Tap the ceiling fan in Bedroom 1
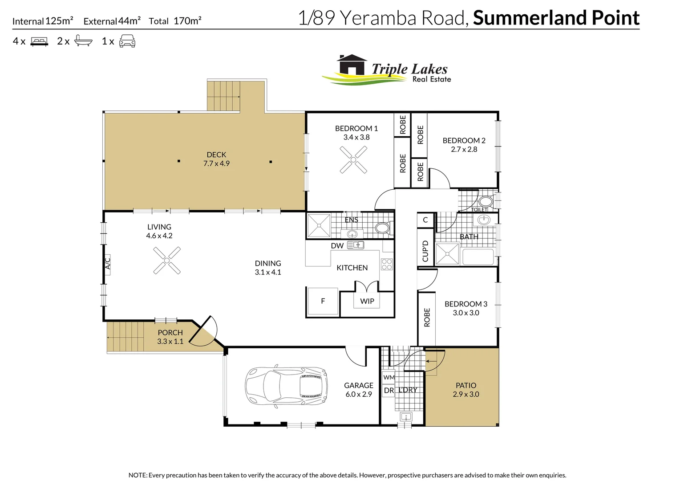pos(353,159)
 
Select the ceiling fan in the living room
pos(167,260)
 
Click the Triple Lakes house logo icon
pos(352,65)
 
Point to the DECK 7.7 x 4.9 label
pos(216,159)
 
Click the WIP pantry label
pos(367,301)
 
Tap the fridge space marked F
pos(323,301)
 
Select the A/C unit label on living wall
pos(107,263)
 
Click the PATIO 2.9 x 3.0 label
pos(466,390)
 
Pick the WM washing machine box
pos(389,377)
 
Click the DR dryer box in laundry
pos(389,391)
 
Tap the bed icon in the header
pos(39,42)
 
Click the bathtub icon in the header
pos(83,41)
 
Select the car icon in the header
pos(127,41)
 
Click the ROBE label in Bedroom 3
pos(427,318)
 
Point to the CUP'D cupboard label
pos(425,251)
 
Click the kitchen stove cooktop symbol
pos(387,264)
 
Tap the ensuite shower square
pos(319,226)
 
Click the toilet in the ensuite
pos(383,228)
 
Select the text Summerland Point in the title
pos(556,18)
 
